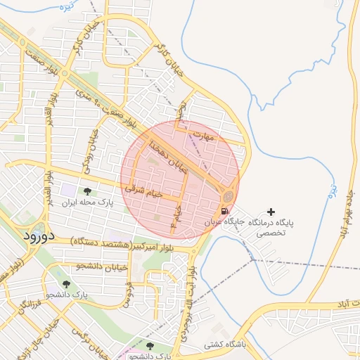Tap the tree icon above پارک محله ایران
pyautogui.click(x=87, y=191)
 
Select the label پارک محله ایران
pyautogui.click(x=88, y=202)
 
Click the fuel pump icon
pyautogui.click(x=224, y=210)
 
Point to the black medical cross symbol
pyautogui.click(x=271, y=212)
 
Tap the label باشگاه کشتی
pyautogui.click(x=224, y=345)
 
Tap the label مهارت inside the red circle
pyautogui.click(x=203, y=135)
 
